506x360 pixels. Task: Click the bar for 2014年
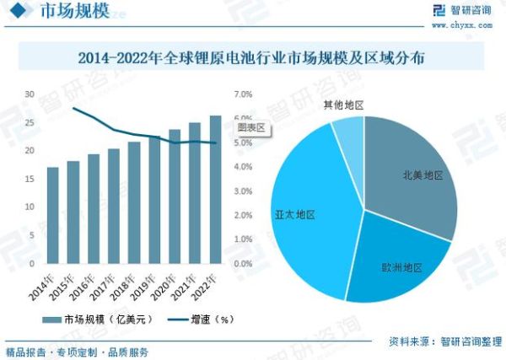coord(53,215)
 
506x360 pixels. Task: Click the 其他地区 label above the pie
coord(343,105)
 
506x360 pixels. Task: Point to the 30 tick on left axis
coord(30,94)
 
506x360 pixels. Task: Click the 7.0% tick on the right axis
coord(243,94)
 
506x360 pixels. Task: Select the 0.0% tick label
coord(243,263)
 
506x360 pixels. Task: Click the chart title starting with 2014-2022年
coord(252,59)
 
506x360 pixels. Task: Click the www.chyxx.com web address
coord(462,24)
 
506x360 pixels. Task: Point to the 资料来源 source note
coord(444,341)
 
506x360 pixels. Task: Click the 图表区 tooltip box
coord(250,126)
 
